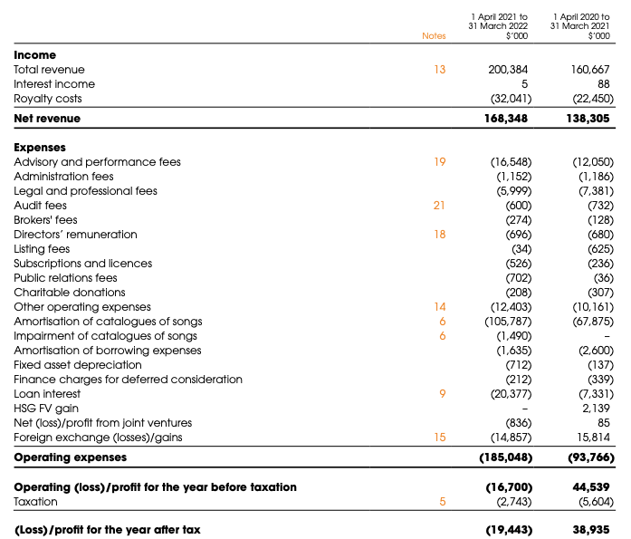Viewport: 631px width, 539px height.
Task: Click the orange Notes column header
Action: pyautogui.click(x=434, y=36)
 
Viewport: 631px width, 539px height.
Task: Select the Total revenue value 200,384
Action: pyautogui.click(x=508, y=70)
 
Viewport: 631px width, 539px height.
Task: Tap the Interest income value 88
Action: pyautogui.click(x=604, y=84)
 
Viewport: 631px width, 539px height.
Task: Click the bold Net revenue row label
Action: pyautogui.click(x=47, y=119)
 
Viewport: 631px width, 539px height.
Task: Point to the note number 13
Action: pyautogui.click(x=440, y=70)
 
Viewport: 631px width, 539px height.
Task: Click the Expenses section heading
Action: pyautogui.click(x=40, y=148)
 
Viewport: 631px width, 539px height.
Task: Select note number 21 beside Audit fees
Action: pyautogui.click(x=439, y=206)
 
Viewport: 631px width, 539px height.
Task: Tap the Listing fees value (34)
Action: pyautogui.click(x=521, y=249)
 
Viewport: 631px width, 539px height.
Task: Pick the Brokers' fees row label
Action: pyautogui.click(x=45, y=220)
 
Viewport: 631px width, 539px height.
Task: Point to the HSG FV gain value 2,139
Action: pyautogui.click(x=596, y=409)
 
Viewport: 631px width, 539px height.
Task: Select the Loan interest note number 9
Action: pyautogui.click(x=443, y=394)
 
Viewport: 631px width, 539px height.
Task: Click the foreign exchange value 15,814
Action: pyautogui.click(x=594, y=438)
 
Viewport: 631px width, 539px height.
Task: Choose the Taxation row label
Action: pyautogui.click(x=36, y=502)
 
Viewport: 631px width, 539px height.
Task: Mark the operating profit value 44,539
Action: pyautogui.click(x=591, y=487)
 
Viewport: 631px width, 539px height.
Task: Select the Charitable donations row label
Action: pyautogui.click(x=70, y=293)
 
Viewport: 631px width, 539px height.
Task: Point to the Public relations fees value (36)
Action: pyautogui.click(x=604, y=278)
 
